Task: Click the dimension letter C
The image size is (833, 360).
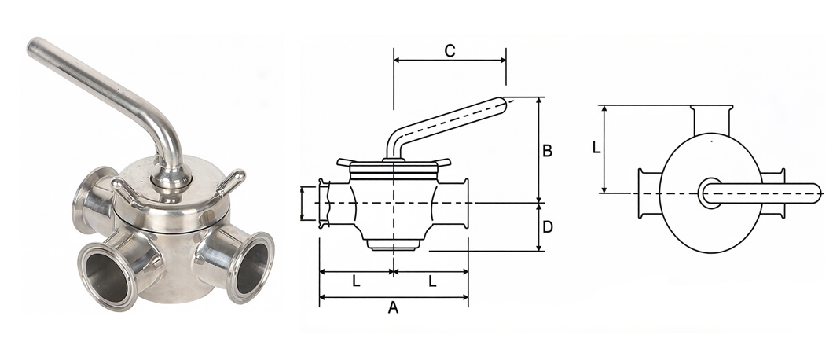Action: point(450,51)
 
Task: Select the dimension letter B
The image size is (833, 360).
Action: point(547,151)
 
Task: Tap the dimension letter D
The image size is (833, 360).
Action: point(548,227)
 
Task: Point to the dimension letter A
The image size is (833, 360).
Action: point(393,307)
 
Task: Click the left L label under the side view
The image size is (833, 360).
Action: point(356,281)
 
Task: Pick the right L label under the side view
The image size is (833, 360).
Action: point(432,281)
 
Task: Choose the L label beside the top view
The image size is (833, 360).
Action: point(596,147)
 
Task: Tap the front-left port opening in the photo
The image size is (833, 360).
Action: point(109,277)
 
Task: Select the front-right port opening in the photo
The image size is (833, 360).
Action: point(253,269)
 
